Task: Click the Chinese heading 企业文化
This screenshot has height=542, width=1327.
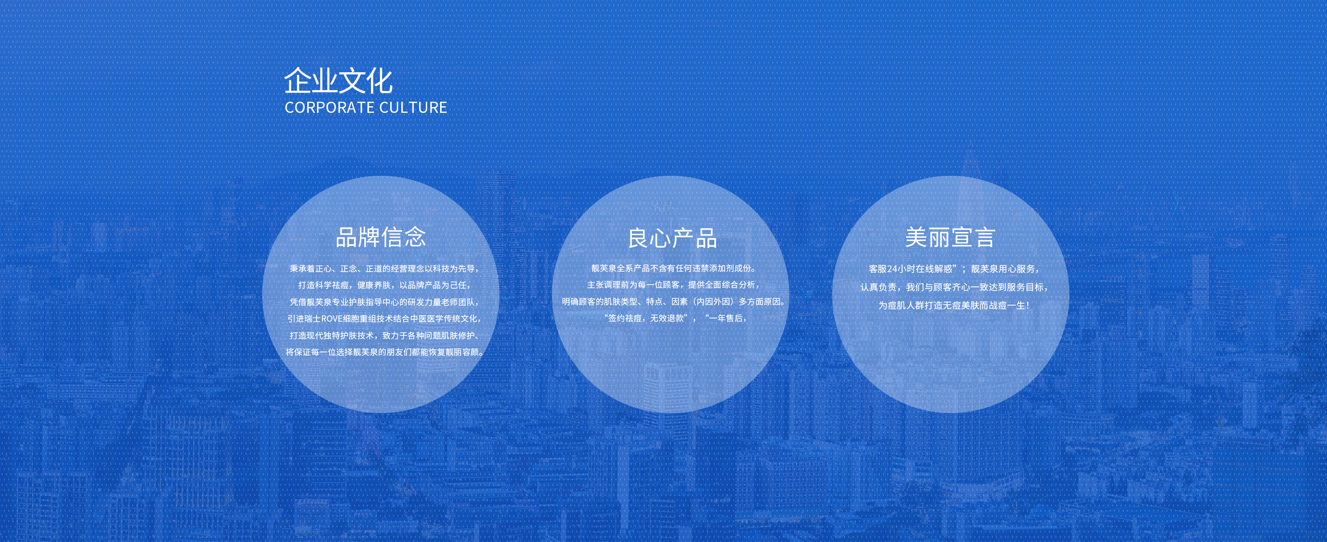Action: (338, 81)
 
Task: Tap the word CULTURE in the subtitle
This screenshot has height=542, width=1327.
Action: (414, 107)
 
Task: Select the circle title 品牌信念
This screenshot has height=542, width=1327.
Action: (381, 237)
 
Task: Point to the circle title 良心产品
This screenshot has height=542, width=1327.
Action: (672, 239)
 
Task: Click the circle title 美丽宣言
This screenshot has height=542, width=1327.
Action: (950, 237)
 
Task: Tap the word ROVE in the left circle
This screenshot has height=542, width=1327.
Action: (332, 319)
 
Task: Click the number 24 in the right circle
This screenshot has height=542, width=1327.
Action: (893, 269)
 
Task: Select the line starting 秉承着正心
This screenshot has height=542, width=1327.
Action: (384, 269)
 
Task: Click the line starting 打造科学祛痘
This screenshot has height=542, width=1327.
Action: (384, 285)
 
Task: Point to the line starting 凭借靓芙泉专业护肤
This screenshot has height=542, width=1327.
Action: (384, 302)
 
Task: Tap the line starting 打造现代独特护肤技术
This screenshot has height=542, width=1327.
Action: (384, 335)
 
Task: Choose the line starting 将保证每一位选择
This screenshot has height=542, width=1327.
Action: (384, 352)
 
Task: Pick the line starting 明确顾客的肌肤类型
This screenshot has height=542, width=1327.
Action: (673, 302)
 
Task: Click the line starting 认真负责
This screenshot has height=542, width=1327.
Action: (955, 287)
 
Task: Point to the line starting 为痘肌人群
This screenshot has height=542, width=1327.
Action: (953, 305)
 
